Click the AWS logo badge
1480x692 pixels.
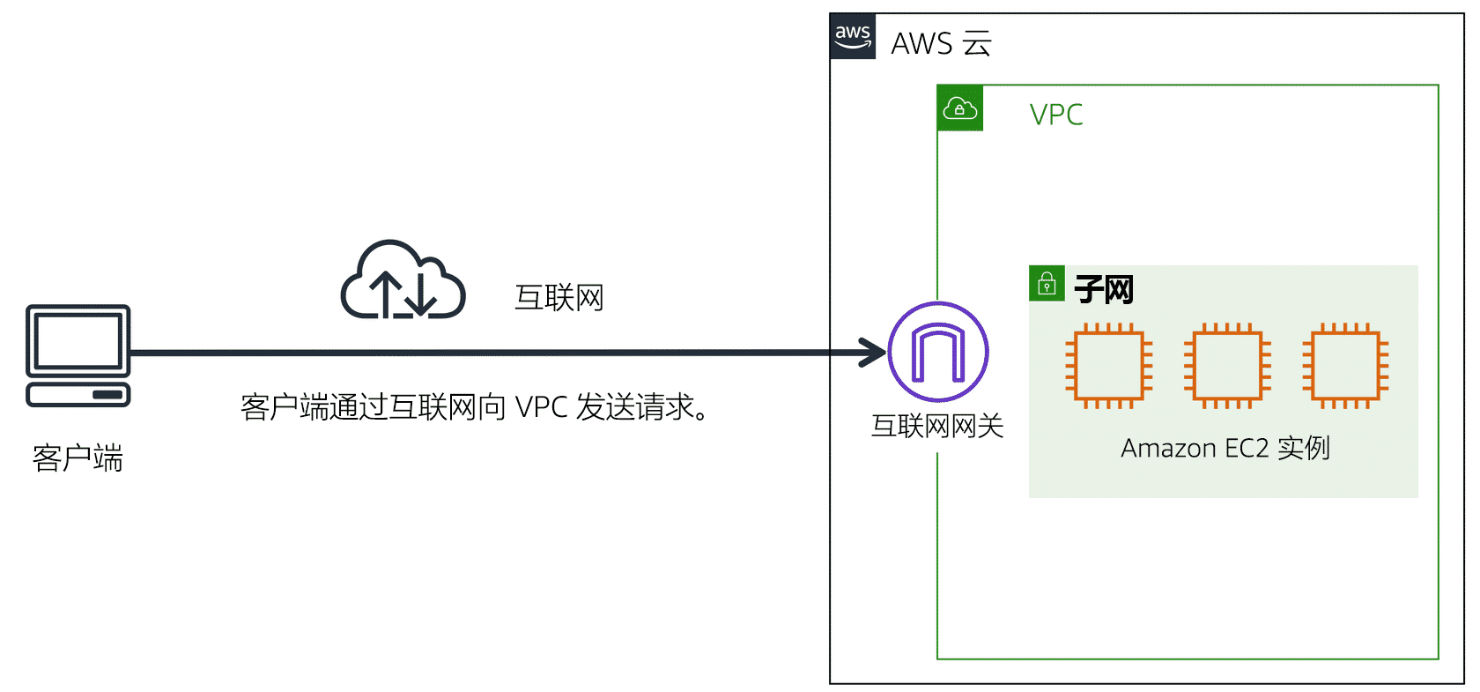pos(853,36)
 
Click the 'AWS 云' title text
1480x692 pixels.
pos(941,43)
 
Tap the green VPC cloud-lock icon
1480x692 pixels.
pos(960,108)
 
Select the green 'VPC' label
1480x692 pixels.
pos(1055,115)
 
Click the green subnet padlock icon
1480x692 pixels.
pos(1047,284)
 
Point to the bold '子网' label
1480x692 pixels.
pos(1104,289)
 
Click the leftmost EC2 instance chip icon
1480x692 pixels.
pos(1109,366)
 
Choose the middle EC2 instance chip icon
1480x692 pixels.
pos(1228,366)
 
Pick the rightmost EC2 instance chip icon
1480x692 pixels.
pos(1346,366)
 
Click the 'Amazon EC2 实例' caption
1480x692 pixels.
pos(1225,448)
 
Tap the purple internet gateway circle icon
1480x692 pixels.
pos(938,352)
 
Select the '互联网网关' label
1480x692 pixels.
pos(937,427)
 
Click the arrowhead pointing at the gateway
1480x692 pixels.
pos(874,353)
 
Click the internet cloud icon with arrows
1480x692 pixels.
pos(403,279)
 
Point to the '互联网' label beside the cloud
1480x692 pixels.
pos(559,297)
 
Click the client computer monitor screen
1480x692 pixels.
pos(78,340)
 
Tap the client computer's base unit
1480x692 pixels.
pos(78,395)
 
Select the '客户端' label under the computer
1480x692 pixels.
pos(78,458)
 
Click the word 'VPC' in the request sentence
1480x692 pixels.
pos(541,407)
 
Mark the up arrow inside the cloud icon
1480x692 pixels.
pos(386,294)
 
